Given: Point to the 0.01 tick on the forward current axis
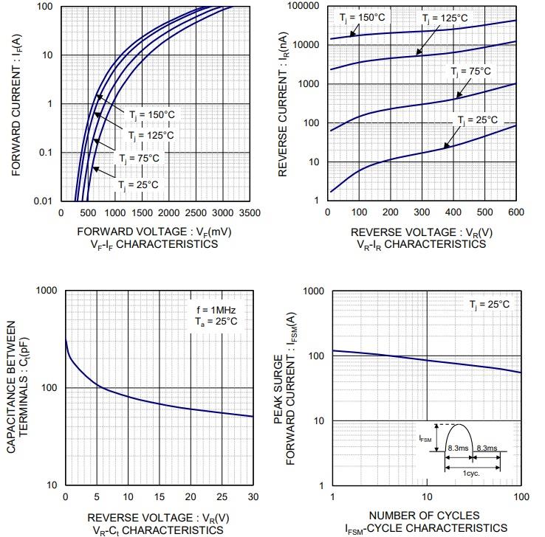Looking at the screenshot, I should (43, 201).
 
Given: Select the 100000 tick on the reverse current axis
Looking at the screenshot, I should (304, 6).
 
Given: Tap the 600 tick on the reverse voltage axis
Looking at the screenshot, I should (515, 212).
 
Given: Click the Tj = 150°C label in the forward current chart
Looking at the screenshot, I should (151, 115).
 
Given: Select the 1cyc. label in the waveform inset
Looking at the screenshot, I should (472, 474).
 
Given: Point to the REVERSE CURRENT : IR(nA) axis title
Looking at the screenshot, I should (283, 103).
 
